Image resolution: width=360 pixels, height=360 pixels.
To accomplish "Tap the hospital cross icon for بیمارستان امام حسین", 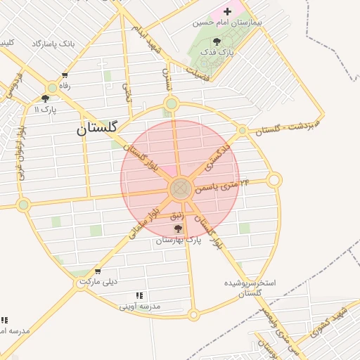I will (227, 11).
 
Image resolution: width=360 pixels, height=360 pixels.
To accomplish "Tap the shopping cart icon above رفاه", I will (65, 75).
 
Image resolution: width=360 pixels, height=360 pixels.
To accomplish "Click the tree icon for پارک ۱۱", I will (46, 99).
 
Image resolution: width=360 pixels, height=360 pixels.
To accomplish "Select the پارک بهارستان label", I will (179, 240).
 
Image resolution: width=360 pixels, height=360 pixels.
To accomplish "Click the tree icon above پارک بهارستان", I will (177, 229).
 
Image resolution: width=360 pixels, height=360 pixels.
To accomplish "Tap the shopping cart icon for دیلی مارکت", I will (97, 271).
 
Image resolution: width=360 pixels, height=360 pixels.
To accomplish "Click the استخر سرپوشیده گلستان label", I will (252, 287).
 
